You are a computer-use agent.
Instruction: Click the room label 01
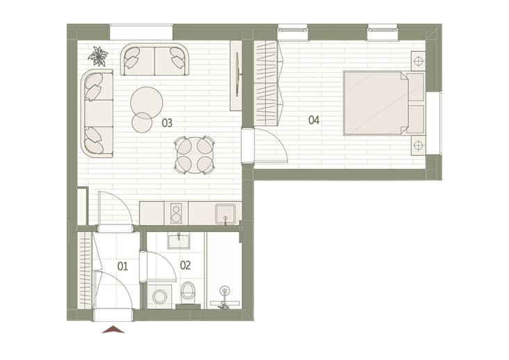tap(122, 266)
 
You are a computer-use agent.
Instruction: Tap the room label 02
tap(185, 265)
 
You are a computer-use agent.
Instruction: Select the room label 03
tap(167, 123)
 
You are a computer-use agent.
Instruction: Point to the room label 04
tap(314, 120)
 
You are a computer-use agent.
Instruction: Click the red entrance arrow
tap(113, 329)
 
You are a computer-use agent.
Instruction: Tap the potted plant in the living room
tap(98, 56)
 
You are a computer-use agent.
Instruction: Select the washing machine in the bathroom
tap(160, 296)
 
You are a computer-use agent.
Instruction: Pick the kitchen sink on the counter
tap(225, 214)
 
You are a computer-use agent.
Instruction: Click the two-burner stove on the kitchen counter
tap(176, 213)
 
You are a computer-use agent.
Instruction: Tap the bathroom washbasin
tap(178, 241)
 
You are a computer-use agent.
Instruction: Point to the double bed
tap(384, 103)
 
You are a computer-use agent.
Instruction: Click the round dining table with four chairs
tap(194, 155)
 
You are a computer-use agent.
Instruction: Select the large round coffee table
tap(147, 102)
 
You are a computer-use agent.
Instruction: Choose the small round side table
tap(142, 122)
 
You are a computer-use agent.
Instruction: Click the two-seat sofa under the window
tap(155, 60)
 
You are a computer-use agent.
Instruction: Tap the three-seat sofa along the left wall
tap(97, 113)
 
